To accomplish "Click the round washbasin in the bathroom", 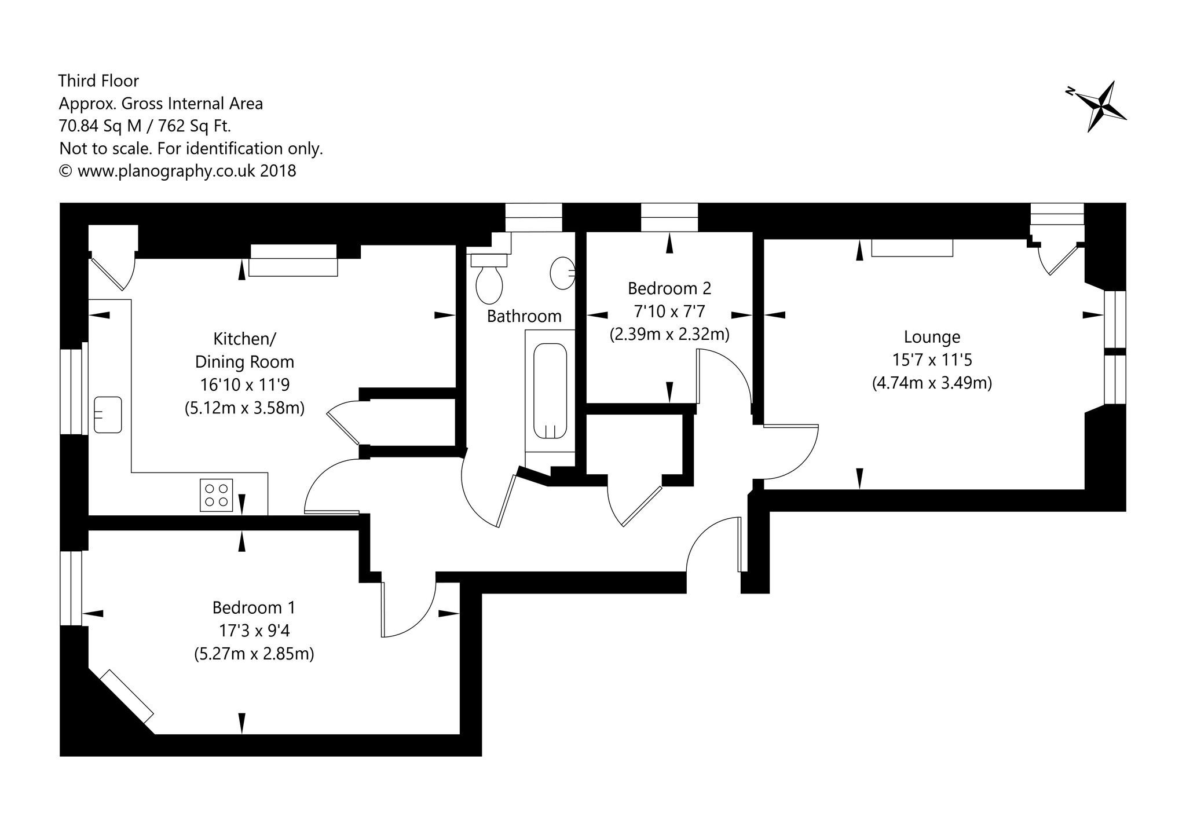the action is (562, 272).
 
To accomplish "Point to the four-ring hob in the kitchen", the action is (217, 495).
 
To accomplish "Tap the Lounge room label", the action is (932, 337).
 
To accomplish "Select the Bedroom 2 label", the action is (669, 288).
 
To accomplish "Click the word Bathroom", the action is (524, 316).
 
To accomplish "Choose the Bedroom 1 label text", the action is (254, 608).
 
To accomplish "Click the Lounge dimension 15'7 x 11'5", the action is (932, 360).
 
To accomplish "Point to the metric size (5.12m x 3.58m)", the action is (244, 408).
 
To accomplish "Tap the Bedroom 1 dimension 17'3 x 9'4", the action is (254, 631).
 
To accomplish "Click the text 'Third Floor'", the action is (99, 80).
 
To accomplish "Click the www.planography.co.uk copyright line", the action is (178, 171).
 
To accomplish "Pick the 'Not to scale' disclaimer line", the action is (191, 149).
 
